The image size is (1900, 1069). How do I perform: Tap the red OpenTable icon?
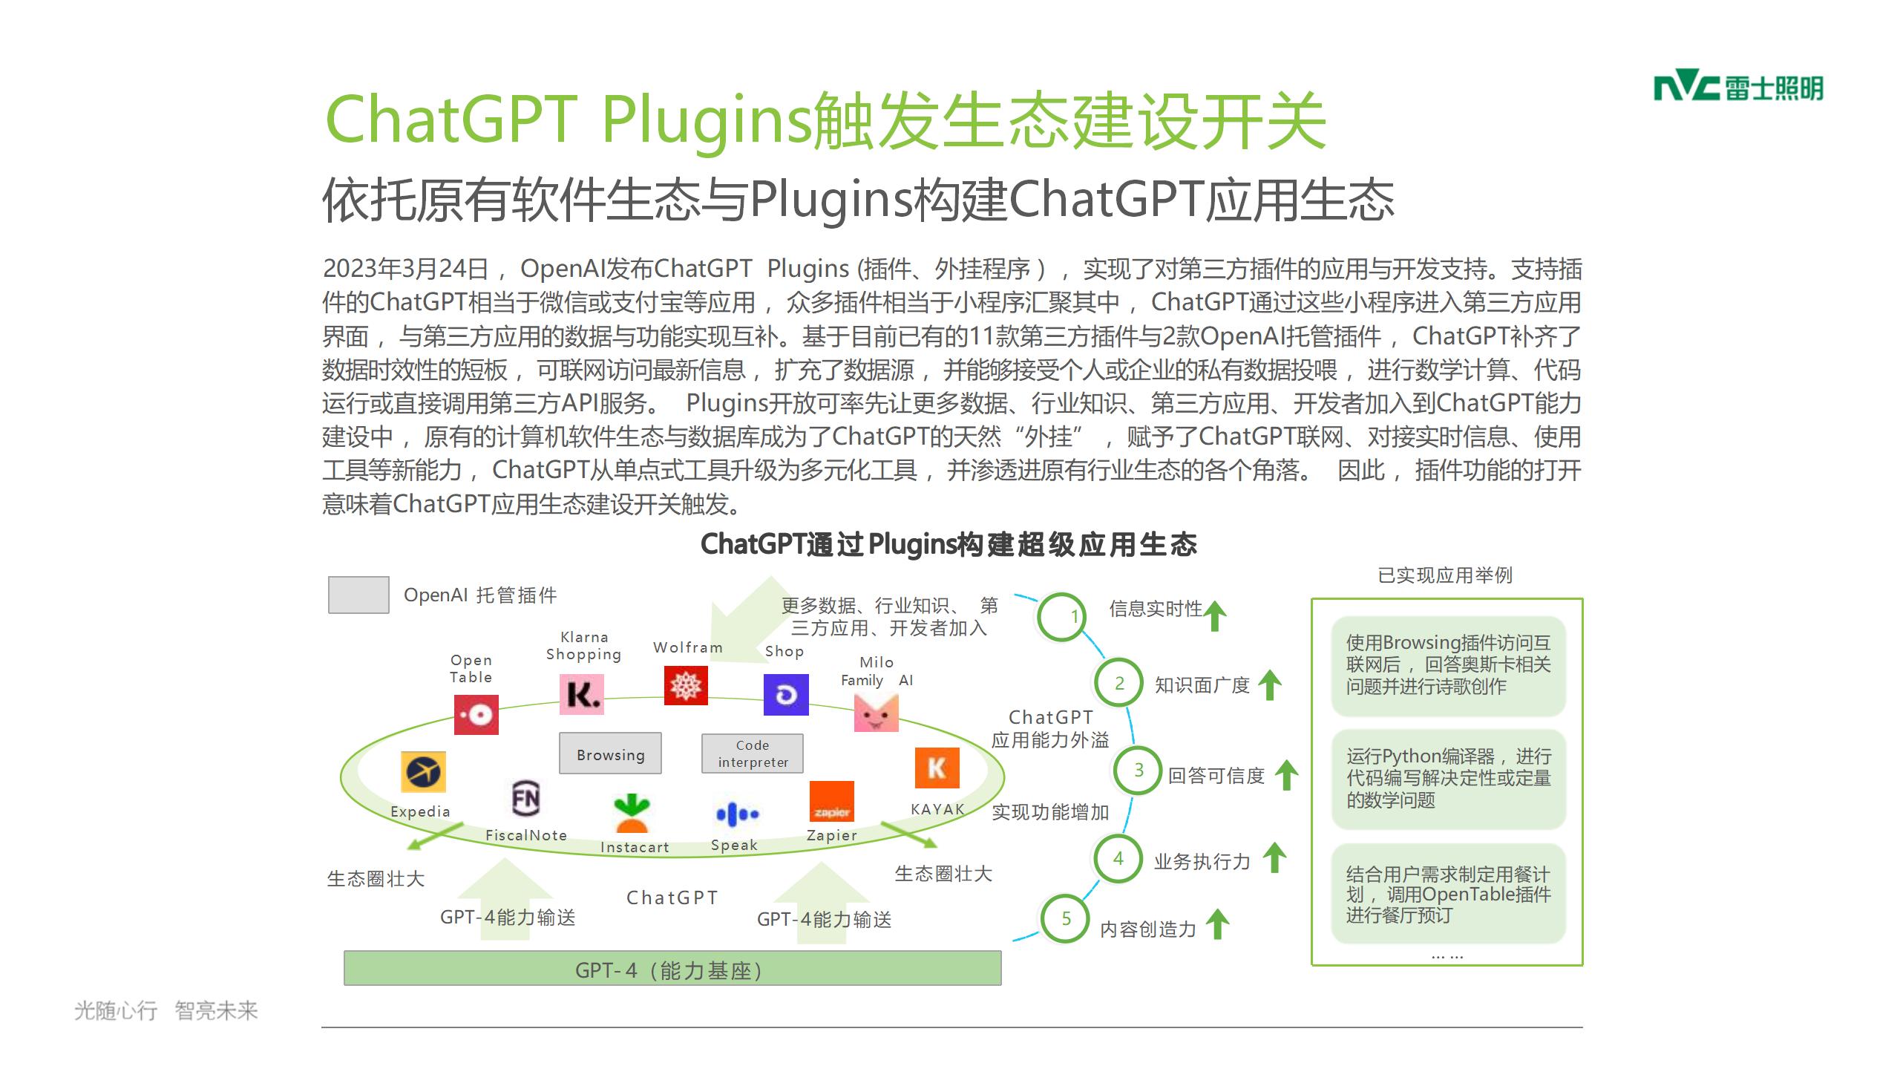pos(476,715)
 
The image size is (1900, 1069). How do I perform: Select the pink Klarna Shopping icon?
pos(582,695)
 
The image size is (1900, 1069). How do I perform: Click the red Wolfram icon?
pos(686,685)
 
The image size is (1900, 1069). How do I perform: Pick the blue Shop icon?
pos(786,695)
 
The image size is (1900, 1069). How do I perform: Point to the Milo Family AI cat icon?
pos(877,712)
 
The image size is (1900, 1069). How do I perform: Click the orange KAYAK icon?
pos(937,768)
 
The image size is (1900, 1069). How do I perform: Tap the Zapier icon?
pos(831,802)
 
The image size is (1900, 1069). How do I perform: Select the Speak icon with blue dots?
pos(737,814)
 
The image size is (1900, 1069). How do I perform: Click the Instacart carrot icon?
pos(632,814)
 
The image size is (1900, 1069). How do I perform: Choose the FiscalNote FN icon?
pos(525,798)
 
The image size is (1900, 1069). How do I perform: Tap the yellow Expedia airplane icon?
pos(424,772)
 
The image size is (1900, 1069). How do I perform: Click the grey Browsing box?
pos(610,753)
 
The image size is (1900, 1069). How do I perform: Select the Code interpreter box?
pos(753,753)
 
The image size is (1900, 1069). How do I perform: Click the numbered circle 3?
pos(1137,771)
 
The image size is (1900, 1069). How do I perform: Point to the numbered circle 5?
pos(1065,919)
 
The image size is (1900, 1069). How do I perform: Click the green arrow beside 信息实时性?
pos(1215,616)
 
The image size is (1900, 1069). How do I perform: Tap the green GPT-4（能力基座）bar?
pos(672,969)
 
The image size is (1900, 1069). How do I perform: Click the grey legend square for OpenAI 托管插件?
pos(358,595)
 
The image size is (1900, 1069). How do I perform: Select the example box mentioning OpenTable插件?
pos(1448,894)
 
